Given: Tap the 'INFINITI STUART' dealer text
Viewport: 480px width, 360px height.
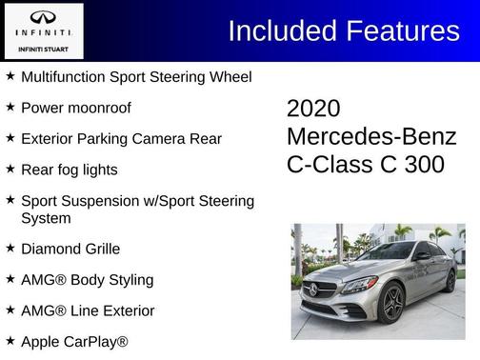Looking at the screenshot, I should pyautogui.click(x=43, y=48).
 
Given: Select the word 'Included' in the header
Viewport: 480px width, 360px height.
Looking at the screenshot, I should pyautogui.click(x=276, y=30).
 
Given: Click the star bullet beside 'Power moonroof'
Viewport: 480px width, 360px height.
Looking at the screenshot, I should pyautogui.click(x=10, y=108).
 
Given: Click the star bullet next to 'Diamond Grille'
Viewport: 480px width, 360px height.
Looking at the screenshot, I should pyautogui.click(x=10, y=249).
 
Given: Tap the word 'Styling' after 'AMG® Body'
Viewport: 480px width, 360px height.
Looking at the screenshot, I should pyautogui.click(x=126, y=280).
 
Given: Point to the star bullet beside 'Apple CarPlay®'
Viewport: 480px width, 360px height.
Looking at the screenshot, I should pyautogui.click(x=10, y=340).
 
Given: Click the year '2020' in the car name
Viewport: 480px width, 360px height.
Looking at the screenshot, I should pyautogui.click(x=313, y=109).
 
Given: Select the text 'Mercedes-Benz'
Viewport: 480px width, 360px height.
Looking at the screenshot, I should pyautogui.click(x=371, y=136).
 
